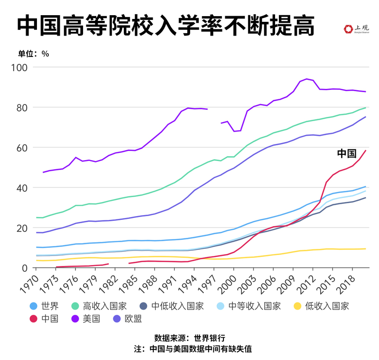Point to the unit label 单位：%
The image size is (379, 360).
[33, 54]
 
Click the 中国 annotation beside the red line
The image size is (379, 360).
[346, 153]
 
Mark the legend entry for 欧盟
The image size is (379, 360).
[133, 318]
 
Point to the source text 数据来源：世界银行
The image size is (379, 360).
[189, 338]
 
